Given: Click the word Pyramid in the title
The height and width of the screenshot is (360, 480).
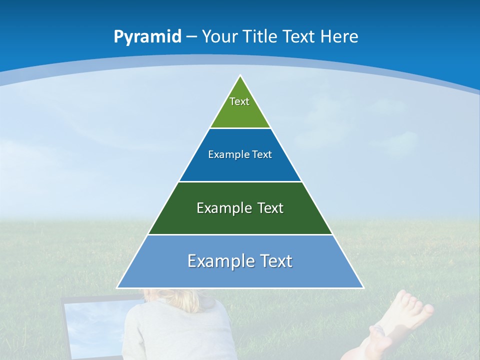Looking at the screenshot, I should [147, 37].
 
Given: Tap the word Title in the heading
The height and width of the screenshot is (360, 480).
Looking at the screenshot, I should [262, 37].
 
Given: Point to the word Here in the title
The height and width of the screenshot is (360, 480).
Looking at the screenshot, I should [339, 37].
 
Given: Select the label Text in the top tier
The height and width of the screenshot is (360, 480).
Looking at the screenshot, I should [239, 101].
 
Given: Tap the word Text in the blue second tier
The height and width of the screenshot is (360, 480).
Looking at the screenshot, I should [262, 154].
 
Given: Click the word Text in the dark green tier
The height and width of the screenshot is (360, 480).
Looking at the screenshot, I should [270, 208].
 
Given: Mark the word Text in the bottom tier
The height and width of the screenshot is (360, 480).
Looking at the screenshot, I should [275, 261].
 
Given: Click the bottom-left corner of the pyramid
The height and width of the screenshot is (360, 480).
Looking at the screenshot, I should [117, 287].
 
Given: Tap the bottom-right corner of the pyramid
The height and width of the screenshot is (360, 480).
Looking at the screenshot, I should [363, 287].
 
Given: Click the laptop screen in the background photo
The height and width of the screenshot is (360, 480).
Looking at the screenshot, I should [92, 325].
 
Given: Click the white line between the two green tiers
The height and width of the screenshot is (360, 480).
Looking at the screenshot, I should [240, 181].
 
